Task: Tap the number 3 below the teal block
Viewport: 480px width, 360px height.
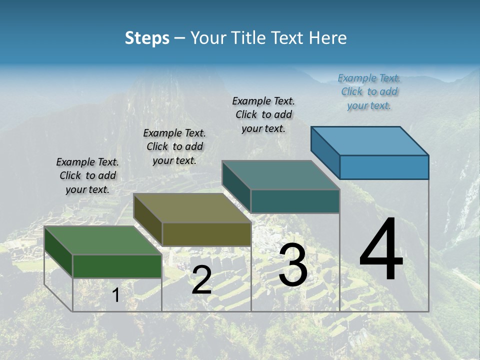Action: click(x=292, y=265)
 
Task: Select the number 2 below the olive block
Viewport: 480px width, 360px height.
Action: click(x=201, y=280)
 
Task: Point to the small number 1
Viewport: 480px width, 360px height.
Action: click(x=115, y=295)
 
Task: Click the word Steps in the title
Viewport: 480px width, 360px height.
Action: click(x=147, y=38)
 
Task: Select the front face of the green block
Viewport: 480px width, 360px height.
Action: click(x=117, y=266)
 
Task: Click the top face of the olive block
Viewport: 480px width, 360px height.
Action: click(x=190, y=207)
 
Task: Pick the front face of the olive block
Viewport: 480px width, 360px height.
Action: click(x=206, y=234)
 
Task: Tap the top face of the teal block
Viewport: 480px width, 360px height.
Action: click(x=280, y=175)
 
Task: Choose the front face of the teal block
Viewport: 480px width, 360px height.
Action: click(x=295, y=201)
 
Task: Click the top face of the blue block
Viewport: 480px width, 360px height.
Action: click(x=369, y=140)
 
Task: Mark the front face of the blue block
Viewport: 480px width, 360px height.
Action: click(x=384, y=167)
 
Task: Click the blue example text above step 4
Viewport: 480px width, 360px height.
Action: click(x=369, y=91)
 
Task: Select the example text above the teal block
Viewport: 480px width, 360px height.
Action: click(x=263, y=114)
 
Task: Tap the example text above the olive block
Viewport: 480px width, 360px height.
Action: click(x=174, y=146)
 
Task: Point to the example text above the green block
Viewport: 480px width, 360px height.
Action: click(x=87, y=175)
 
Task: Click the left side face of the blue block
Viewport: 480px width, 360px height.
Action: click(x=325, y=152)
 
